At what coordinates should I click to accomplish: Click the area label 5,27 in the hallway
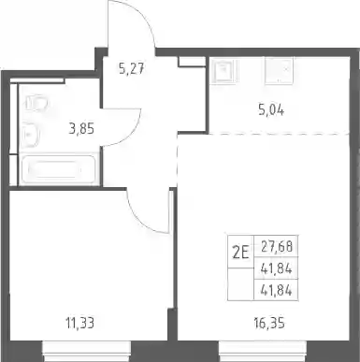pyautogui.click(x=132, y=68)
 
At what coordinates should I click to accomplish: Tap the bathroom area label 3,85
pyautogui.click(x=81, y=128)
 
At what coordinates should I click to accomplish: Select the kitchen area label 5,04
pyautogui.click(x=271, y=110)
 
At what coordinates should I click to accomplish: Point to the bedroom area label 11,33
pyautogui.click(x=79, y=323)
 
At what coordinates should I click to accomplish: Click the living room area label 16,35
pyautogui.click(x=269, y=323)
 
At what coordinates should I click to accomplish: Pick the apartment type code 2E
pyautogui.click(x=240, y=253)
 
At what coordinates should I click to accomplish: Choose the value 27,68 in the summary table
pyautogui.click(x=277, y=247)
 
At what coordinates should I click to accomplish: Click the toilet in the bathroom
pyautogui.click(x=36, y=103)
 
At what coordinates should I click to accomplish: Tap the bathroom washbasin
pyautogui.click(x=30, y=135)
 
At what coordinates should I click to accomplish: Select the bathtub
pyautogui.click(x=59, y=169)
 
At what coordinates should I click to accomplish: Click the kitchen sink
pyautogui.click(x=224, y=71)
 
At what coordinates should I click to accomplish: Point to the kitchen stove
pyautogui.click(x=280, y=70)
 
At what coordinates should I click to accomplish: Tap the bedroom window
pyautogui.click(x=86, y=351)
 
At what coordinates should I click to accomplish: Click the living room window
pyautogui.click(x=263, y=351)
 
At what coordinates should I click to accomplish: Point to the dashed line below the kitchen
pyautogui.click(x=279, y=134)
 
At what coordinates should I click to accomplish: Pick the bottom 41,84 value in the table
pyautogui.click(x=277, y=291)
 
